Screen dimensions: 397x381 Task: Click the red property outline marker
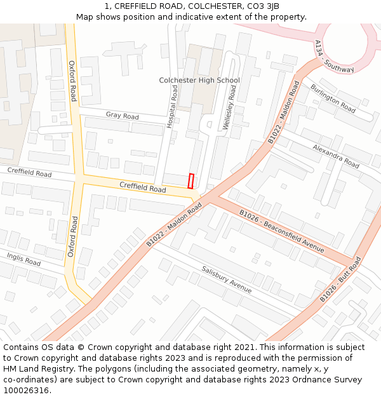point(190,181)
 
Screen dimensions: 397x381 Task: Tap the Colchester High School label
point(199,80)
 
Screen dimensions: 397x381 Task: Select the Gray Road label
point(123,116)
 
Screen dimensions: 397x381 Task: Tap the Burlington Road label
point(333,98)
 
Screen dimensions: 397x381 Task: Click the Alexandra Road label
point(336,156)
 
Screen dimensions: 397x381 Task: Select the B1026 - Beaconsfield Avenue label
point(281,231)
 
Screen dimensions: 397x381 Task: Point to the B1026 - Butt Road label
point(340,279)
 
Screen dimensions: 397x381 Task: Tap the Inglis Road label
point(23,259)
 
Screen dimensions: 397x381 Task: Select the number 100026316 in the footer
point(26,390)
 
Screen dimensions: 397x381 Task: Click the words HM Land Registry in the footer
point(34,368)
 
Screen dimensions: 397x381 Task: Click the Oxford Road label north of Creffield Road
point(72,81)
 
